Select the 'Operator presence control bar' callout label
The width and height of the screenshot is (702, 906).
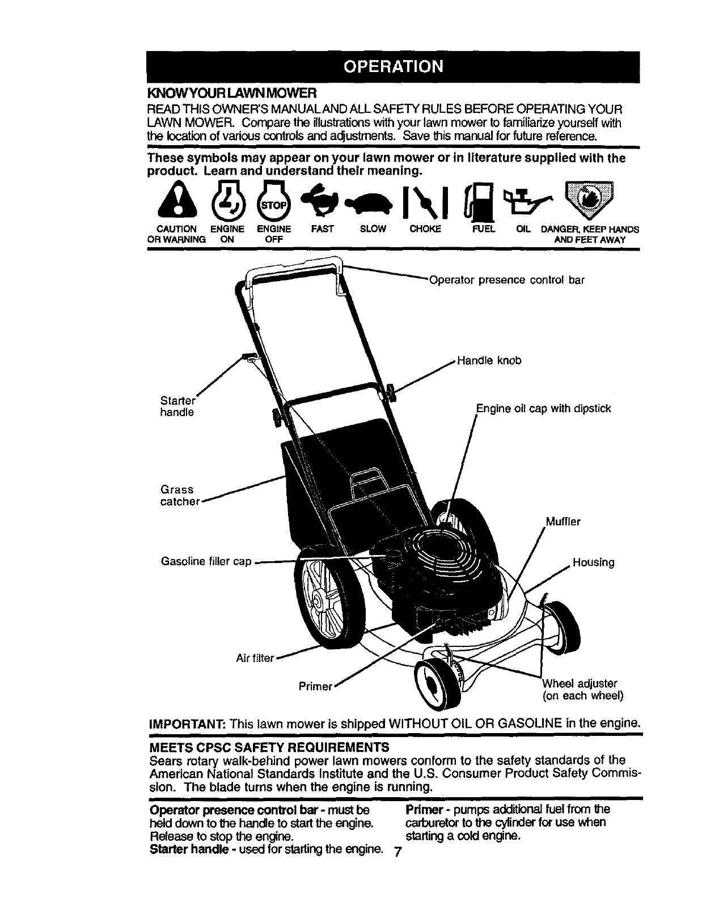pyautogui.click(x=506, y=280)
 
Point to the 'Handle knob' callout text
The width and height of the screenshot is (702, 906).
pyautogui.click(x=489, y=361)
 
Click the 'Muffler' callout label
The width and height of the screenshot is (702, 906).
pyautogui.click(x=563, y=522)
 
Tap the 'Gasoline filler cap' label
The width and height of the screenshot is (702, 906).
pyautogui.click(x=206, y=562)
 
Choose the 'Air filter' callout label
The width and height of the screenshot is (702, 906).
pyautogui.click(x=255, y=658)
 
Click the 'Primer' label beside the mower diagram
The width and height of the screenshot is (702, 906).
pyautogui.click(x=315, y=687)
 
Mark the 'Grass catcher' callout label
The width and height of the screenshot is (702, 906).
pyautogui.click(x=180, y=496)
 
